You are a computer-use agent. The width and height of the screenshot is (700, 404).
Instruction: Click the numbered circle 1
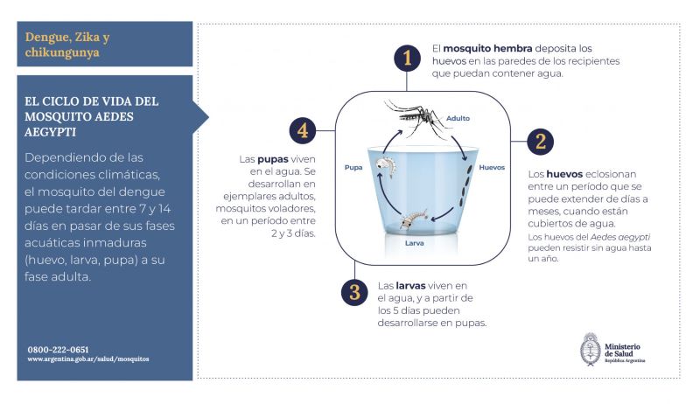(x=406, y=59)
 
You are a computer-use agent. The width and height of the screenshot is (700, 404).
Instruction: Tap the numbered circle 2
(x=540, y=141)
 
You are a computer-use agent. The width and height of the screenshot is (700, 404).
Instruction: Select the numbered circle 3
(x=354, y=292)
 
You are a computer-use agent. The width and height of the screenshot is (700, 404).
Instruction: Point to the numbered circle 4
(x=303, y=132)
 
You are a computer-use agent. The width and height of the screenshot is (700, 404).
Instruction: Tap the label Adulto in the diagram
(x=458, y=118)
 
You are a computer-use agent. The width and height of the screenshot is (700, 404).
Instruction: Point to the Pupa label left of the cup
(x=353, y=166)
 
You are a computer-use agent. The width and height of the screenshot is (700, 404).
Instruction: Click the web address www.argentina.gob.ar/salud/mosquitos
(x=88, y=359)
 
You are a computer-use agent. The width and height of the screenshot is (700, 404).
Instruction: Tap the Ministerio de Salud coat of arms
(x=591, y=348)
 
